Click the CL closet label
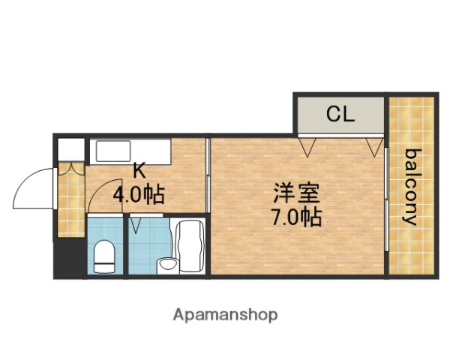coord(339,115)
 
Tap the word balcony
coord(411,187)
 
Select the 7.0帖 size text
coord(297,217)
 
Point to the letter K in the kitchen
coord(139,170)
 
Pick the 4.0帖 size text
coord(139,194)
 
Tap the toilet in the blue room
coord(103,254)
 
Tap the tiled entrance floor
coord(71,199)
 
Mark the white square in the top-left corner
coord(70,148)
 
